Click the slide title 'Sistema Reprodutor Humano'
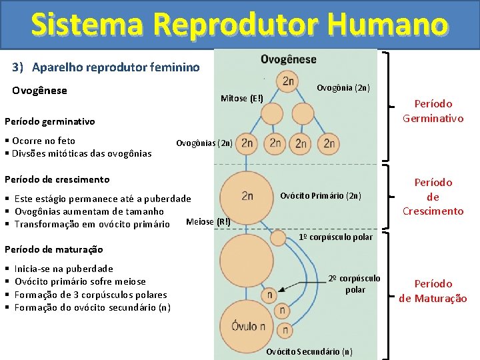[x=239, y=25]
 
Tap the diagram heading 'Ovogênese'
[x=289, y=59]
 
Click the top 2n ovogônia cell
[x=289, y=81]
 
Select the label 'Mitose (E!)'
[x=241, y=99]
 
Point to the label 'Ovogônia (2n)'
[x=343, y=88]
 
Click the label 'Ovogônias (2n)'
[x=204, y=143]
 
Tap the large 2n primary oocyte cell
[x=247, y=195]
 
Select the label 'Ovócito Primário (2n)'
[x=320, y=196]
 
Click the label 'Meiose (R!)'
[x=208, y=222]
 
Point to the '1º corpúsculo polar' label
[x=335, y=237]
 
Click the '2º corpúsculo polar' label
[x=355, y=284]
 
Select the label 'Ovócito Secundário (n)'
[x=309, y=351]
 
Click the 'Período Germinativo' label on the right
[x=433, y=111]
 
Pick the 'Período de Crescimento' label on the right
[x=433, y=197]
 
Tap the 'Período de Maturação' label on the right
[x=433, y=291]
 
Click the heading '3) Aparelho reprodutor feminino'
[x=105, y=67]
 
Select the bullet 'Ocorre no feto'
[x=44, y=141]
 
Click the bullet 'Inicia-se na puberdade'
[x=63, y=269]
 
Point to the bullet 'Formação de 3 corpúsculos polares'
[x=91, y=295]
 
